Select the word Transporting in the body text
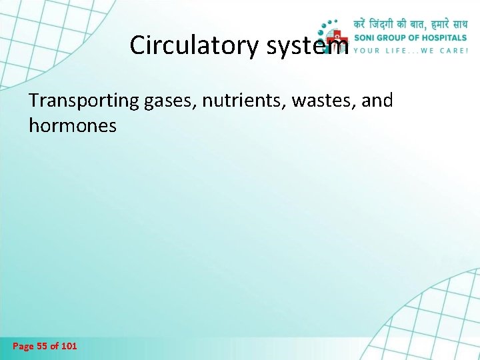83,101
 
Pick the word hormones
73,125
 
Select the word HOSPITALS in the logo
443,38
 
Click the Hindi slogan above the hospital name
410,23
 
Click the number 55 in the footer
42,346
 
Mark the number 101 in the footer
68,346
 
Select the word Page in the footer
23,346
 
